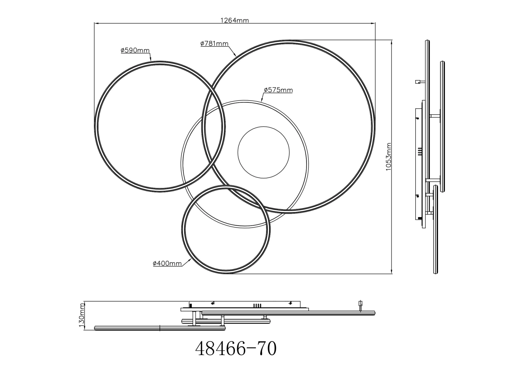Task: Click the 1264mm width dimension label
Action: [234, 20]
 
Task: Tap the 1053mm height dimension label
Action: [388, 157]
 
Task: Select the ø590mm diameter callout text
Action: [135, 50]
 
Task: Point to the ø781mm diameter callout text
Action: [214, 43]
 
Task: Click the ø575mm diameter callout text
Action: [278, 90]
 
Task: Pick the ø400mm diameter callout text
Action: [167, 263]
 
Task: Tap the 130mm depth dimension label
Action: [81, 315]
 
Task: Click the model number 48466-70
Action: [236, 348]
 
